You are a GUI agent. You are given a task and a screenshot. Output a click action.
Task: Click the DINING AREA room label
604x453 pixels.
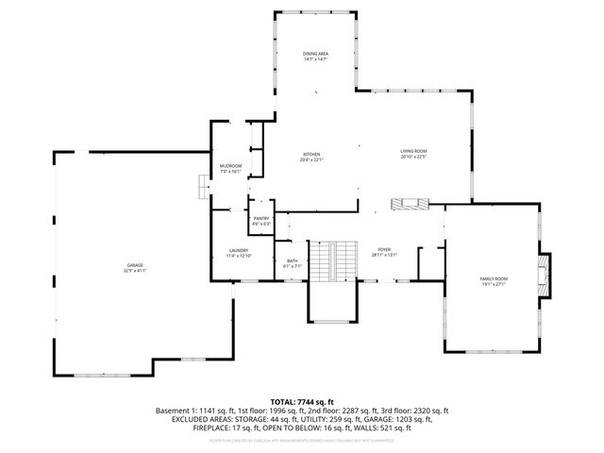315,54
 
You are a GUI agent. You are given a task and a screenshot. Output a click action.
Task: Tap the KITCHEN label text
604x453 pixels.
311,154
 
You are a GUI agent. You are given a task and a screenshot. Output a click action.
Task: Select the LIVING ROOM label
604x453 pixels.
414,151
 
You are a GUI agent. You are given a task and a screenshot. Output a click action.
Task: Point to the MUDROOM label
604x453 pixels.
230,166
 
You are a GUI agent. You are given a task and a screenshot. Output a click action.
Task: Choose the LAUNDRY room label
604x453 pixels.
238,250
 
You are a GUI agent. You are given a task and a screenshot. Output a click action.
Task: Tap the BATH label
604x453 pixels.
292,260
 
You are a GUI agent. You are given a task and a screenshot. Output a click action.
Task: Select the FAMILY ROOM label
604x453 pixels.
494,278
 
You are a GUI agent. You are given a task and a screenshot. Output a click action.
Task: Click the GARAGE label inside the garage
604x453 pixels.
136,265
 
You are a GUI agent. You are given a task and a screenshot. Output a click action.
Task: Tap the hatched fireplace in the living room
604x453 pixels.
411,204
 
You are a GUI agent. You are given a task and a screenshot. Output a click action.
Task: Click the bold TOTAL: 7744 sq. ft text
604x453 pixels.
302,401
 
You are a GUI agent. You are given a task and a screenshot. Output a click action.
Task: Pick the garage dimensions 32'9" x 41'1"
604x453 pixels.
136,271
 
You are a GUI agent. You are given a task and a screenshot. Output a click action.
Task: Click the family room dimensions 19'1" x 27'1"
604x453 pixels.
494,284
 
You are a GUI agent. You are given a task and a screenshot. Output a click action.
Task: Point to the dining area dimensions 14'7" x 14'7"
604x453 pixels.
315,59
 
